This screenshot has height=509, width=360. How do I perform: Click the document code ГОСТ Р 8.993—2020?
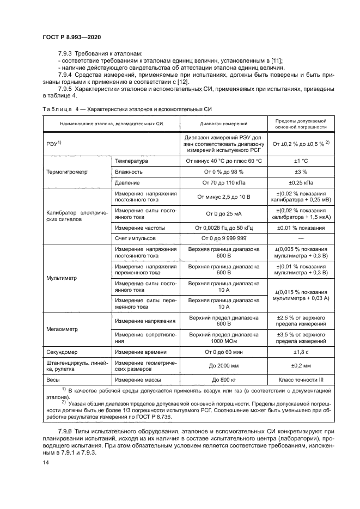click(x=71, y=36)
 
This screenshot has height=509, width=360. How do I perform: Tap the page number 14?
click(x=45, y=461)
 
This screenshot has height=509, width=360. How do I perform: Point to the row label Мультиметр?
click(x=62, y=277)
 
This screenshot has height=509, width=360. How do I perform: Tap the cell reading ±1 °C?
click(x=301, y=162)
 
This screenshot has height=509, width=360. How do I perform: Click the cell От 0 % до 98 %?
click(x=224, y=172)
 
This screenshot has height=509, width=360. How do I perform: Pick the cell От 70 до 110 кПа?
click(x=224, y=182)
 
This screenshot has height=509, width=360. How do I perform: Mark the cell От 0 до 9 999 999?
click(x=224, y=238)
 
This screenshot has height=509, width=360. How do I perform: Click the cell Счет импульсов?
click(x=135, y=238)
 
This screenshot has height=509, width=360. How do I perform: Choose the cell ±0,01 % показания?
click(x=301, y=228)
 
